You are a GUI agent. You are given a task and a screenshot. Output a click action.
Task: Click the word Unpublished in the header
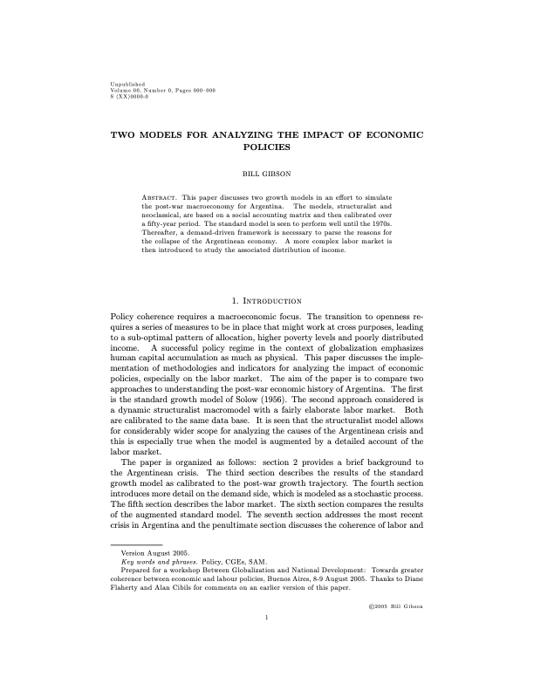coord(121,83)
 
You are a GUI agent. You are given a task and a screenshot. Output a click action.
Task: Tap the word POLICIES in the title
coord(266,148)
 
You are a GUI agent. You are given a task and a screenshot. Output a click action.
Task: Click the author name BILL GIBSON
coord(266,174)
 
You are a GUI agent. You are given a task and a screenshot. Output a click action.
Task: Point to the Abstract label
coord(160,199)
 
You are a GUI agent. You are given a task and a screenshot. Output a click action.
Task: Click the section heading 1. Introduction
coord(266,301)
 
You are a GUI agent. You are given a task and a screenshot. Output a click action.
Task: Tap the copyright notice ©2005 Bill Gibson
coord(394,605)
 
